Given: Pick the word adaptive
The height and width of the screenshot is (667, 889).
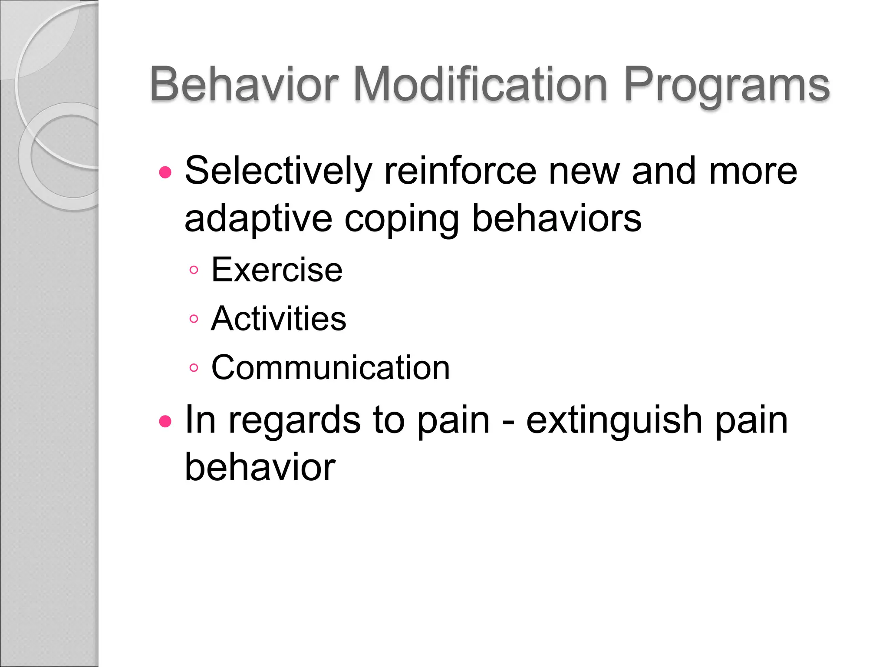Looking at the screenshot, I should coord(258,220).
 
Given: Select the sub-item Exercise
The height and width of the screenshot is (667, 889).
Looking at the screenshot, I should coord(277,270).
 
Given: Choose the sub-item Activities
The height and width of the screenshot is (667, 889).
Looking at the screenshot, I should coord(278,319).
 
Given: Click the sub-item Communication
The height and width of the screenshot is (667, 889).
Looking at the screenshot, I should coord(330,368).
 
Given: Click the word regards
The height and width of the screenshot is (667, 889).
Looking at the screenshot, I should coord(294,421).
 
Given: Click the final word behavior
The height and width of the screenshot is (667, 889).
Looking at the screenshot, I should coord(260,468).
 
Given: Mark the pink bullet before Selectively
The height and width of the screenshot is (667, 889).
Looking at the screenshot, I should coord(165,173).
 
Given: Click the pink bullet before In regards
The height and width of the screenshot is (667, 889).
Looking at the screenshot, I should coord(165,421).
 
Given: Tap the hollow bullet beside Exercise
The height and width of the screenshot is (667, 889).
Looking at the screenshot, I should coord(194,271).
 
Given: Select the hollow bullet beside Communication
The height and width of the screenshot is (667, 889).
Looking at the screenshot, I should coord(194,368).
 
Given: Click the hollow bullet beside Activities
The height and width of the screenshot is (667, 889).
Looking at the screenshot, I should coord(194,319).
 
